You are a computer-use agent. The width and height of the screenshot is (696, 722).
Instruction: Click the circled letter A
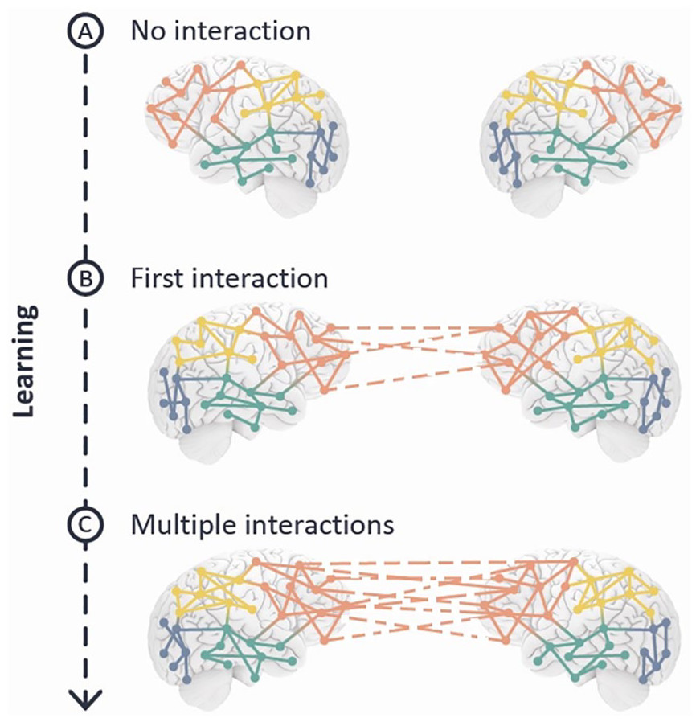[84, 32]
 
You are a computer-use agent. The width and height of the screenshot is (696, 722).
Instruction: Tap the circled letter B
[84, 279]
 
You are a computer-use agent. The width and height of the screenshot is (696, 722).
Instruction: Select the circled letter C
[84, 526]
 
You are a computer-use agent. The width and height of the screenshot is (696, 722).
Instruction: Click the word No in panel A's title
[151, 31]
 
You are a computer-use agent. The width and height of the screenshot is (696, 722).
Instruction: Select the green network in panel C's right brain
[575, 647]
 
